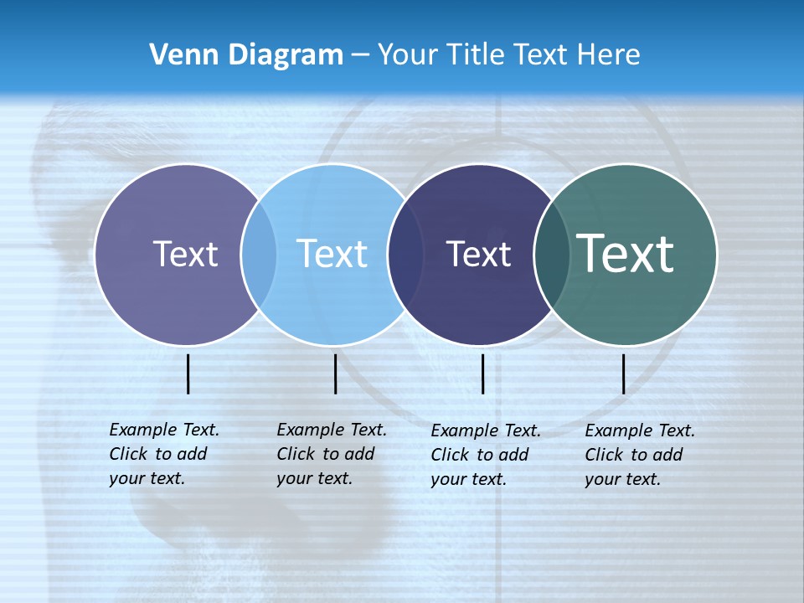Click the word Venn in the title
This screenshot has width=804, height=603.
click(x=178, y=54)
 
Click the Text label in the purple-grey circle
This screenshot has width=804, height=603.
click(x=185, y=254)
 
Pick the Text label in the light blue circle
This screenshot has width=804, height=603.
click(x=332, y=254)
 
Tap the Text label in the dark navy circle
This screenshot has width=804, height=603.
click(x=478, y=254)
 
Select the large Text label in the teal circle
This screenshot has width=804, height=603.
click(x=626, y=253)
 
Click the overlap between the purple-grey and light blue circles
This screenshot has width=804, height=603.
click(x=259, y=254)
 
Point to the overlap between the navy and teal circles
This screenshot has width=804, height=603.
click(x=552, y=254)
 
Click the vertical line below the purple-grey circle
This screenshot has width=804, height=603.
click(x=188, y=374)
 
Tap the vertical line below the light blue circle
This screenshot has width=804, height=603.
click(x=335, y=374)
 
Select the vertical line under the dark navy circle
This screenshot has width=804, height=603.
click(x=483, y=374)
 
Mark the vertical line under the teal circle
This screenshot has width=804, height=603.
click(x=624, y=374)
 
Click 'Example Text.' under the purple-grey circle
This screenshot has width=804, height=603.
click(x=164, y=430)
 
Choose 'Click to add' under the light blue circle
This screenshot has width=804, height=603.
click(x=326, y=454)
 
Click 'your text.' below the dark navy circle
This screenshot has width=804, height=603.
click(x=469, y=479)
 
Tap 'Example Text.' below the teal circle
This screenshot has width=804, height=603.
click(x=640, y=430)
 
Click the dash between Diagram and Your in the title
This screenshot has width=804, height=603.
click(x=360, y=55)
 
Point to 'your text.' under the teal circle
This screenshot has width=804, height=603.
click(x=623, y=479)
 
